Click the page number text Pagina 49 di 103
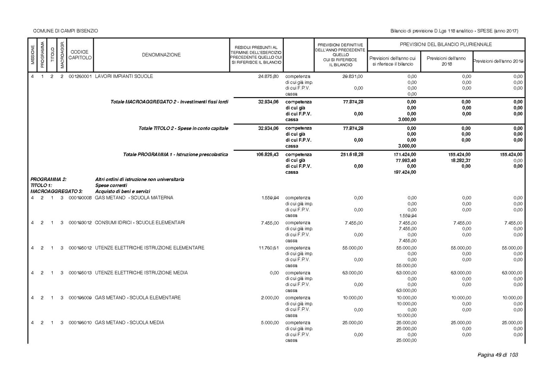pyautogui.click(x=497, y=355)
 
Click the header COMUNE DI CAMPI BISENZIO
pyautogui.click(x=66, y=31)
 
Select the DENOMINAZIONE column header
pyautogui.click(x=161, y=55)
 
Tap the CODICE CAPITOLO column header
pyautogui.click(x=80, y=55)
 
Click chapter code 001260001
pyautogui.click(x=80, y=76)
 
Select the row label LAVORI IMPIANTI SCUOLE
pyautogui.click(x=124, y=76)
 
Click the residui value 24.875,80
pyautogui.click(x=268, y=76)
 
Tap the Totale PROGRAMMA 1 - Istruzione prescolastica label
pyautogui.click(x=175, y=154)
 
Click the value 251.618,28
pyautogui.click(x=351, y=154)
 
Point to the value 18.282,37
pyautogui.click(x=460, y=160)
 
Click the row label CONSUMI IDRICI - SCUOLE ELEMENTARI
pyautogui.click(x=140, y=223)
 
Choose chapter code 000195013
pyautogui.click(x=80, y=273)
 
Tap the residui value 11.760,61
pyautogui.click(x=268, y=248)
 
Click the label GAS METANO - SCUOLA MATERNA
pyautogui.click(x=134, y=198)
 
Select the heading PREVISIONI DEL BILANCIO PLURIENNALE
pyautogui.click(x=446, y=45)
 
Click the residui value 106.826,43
pyautogui.click(x=267, y=154)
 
